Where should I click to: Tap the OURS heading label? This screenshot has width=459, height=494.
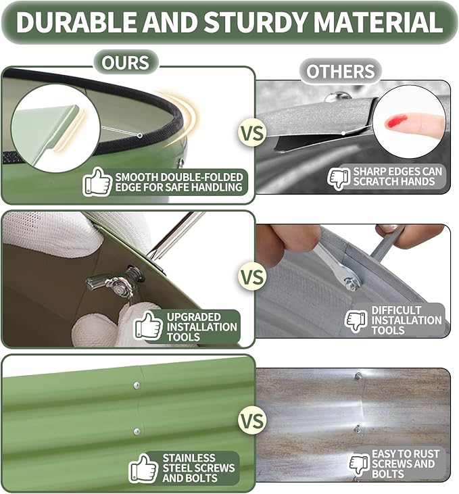(125, 63)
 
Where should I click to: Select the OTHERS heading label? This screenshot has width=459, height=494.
(341, 72)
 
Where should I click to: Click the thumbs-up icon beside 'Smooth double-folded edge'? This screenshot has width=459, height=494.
(97, 182)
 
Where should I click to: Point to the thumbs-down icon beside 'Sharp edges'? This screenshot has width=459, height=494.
(339, 178)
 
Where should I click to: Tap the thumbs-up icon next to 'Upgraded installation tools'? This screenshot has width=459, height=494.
(148, 326)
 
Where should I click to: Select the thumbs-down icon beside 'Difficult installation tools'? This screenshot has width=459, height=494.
(356, 320)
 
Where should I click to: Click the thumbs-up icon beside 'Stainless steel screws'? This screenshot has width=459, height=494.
(143, 468)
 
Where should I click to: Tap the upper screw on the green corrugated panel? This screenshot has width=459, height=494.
(137, 385)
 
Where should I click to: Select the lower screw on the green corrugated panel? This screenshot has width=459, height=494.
(137, 431)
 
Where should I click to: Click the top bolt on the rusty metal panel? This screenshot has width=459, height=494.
(358, 376)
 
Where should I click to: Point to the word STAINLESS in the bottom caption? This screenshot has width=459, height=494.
(189, 458)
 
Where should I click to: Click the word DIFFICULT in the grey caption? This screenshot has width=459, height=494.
(396, 310)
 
